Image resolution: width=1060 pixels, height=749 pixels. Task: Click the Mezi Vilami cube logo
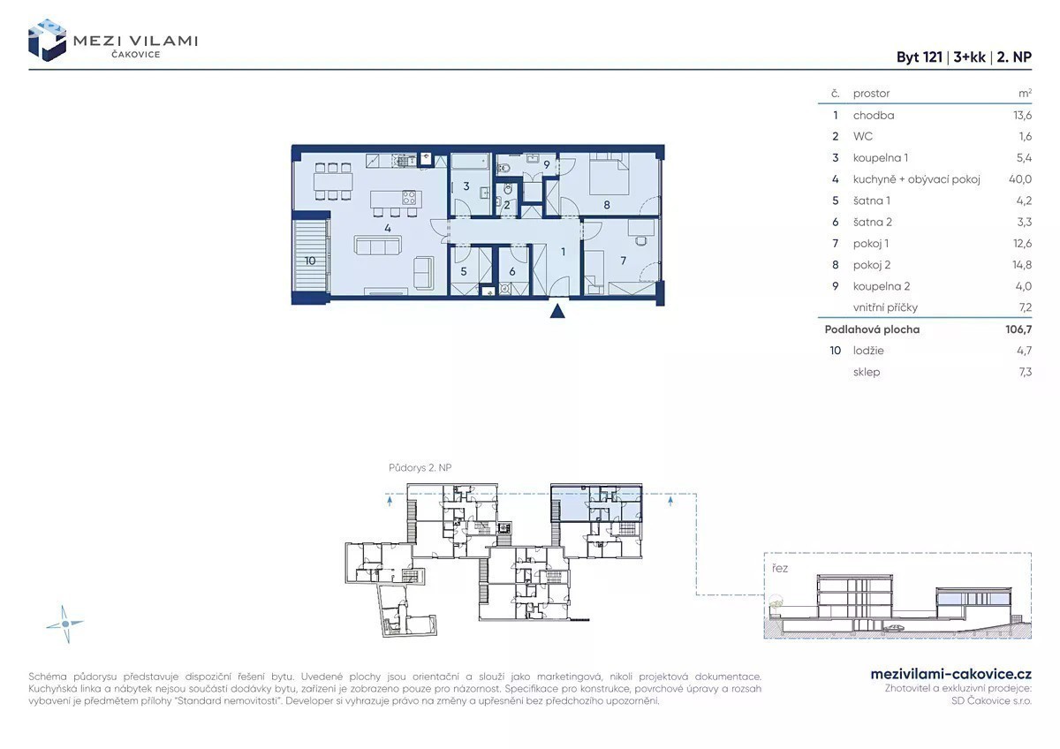[x=47, y=41]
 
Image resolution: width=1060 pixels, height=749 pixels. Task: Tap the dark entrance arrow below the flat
[x=557, y=311]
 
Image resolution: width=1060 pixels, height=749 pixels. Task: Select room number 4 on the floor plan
[x=388, y=228]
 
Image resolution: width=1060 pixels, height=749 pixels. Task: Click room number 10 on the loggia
[x=310, y=261]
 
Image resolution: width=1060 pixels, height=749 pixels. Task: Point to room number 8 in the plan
[x=607, y=205]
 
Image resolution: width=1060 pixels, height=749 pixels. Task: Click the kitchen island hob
[x=409, y=197]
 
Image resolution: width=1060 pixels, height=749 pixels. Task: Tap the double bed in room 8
[x=609, y=174]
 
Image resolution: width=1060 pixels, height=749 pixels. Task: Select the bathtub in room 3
[x=470, y=162]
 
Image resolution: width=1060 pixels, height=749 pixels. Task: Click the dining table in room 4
[x=333, y=182]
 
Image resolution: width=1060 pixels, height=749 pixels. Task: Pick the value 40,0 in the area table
[x=1019, y=179]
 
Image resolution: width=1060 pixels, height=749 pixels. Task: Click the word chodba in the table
[x=874, y=116]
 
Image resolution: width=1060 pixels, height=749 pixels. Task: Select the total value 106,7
[x=1018, y=329]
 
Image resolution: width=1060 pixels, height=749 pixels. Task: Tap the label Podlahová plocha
[x=872, y=329]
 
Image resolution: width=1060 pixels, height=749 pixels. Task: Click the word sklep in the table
[x=867, y=372]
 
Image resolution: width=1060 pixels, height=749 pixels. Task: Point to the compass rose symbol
[x=65, y=624]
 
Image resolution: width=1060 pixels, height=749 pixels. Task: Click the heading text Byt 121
[x=920, y=57]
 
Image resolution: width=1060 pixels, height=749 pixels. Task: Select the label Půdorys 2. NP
[x=420, y=467]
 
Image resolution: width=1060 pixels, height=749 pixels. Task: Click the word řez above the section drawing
[x=780, y=568]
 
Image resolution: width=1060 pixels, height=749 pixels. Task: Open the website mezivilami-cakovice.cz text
[x=951, y=674]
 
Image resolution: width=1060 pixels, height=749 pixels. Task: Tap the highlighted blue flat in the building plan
[x=596, y=503]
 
